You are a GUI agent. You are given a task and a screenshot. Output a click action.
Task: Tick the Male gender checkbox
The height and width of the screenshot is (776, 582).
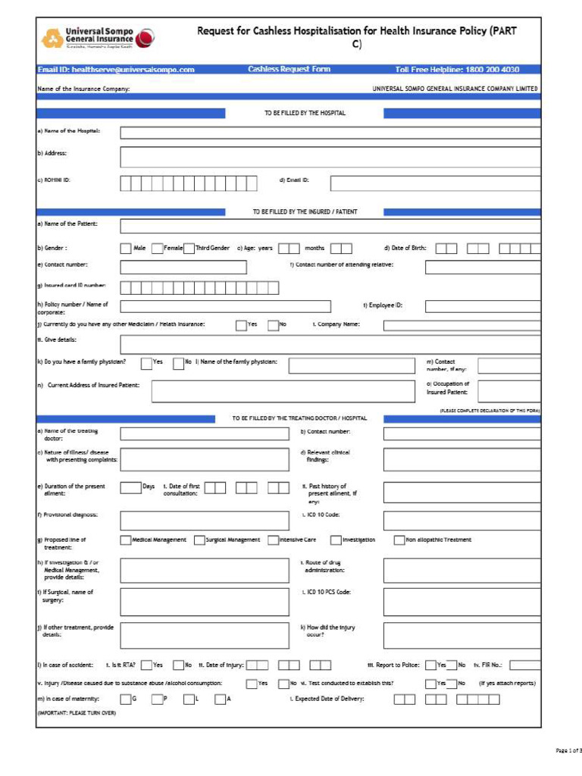tap(126, 249)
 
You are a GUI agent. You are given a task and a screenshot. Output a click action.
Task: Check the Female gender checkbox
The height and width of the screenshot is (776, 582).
tap(157, 249)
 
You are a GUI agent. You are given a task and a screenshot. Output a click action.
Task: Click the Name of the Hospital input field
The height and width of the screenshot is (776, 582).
tap(330, 133)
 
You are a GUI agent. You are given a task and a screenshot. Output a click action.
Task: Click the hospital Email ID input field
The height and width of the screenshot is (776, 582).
tap(435, 183)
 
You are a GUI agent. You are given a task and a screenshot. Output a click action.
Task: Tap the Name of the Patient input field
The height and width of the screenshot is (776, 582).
tap(330, 226)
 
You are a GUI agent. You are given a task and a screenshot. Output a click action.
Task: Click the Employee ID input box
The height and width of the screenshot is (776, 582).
tap(483, 306)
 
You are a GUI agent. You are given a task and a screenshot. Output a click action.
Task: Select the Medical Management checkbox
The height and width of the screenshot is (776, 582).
tap(126, 540)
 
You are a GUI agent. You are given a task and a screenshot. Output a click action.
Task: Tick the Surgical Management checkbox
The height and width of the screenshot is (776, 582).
tap(199, 540)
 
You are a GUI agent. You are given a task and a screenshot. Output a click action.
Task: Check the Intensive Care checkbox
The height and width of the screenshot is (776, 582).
tap(274, 540)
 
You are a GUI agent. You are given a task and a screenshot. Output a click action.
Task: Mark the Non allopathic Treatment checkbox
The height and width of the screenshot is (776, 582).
tap(399, 540)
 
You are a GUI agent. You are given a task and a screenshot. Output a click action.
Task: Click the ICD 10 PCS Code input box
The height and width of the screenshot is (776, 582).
tap(462, 602)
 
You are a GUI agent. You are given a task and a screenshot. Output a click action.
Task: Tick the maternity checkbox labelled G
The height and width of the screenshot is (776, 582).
tap(126, 699)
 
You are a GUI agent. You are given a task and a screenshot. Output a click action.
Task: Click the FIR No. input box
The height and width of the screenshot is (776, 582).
tap(524, 665)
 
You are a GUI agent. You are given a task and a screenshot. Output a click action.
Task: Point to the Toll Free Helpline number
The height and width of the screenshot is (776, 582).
tap(458, 70)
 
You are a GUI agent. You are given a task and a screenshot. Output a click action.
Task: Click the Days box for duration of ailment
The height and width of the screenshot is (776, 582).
tap(130, 487)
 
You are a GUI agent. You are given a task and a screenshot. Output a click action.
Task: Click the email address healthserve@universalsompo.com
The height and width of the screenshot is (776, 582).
tap(116, 70)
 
